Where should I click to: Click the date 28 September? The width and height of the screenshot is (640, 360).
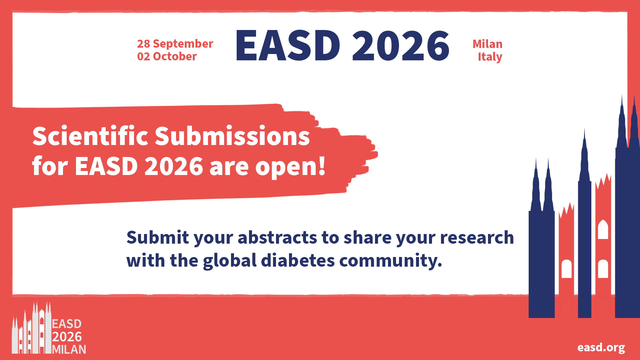pos(175,44)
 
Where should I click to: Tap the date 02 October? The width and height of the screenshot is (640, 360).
pos(167,56)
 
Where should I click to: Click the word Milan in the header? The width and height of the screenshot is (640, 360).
pos(487,44)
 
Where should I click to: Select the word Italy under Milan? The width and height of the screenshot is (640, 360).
pos(490,57)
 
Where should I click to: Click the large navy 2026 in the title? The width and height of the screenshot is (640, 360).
pos(401,45)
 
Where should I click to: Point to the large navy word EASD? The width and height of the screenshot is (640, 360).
pos(288,45)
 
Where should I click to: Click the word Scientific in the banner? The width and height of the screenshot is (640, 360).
pos(90,136)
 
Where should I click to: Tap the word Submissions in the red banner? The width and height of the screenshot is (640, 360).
pos(232,136)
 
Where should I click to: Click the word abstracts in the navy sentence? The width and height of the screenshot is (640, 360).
pos(277,237)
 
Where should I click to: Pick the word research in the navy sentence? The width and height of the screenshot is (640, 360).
pos(477,237)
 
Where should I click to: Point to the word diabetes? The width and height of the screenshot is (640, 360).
pos(298,260)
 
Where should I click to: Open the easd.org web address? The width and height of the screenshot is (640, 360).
pos(601,347)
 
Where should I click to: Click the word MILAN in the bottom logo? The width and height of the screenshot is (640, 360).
pos(69,349)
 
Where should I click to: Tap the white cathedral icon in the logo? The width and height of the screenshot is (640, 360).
pos(32,327)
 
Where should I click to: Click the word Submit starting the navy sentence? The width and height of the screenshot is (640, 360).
pos(158,237)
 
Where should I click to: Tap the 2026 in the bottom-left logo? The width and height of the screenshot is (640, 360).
pos(67,337)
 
